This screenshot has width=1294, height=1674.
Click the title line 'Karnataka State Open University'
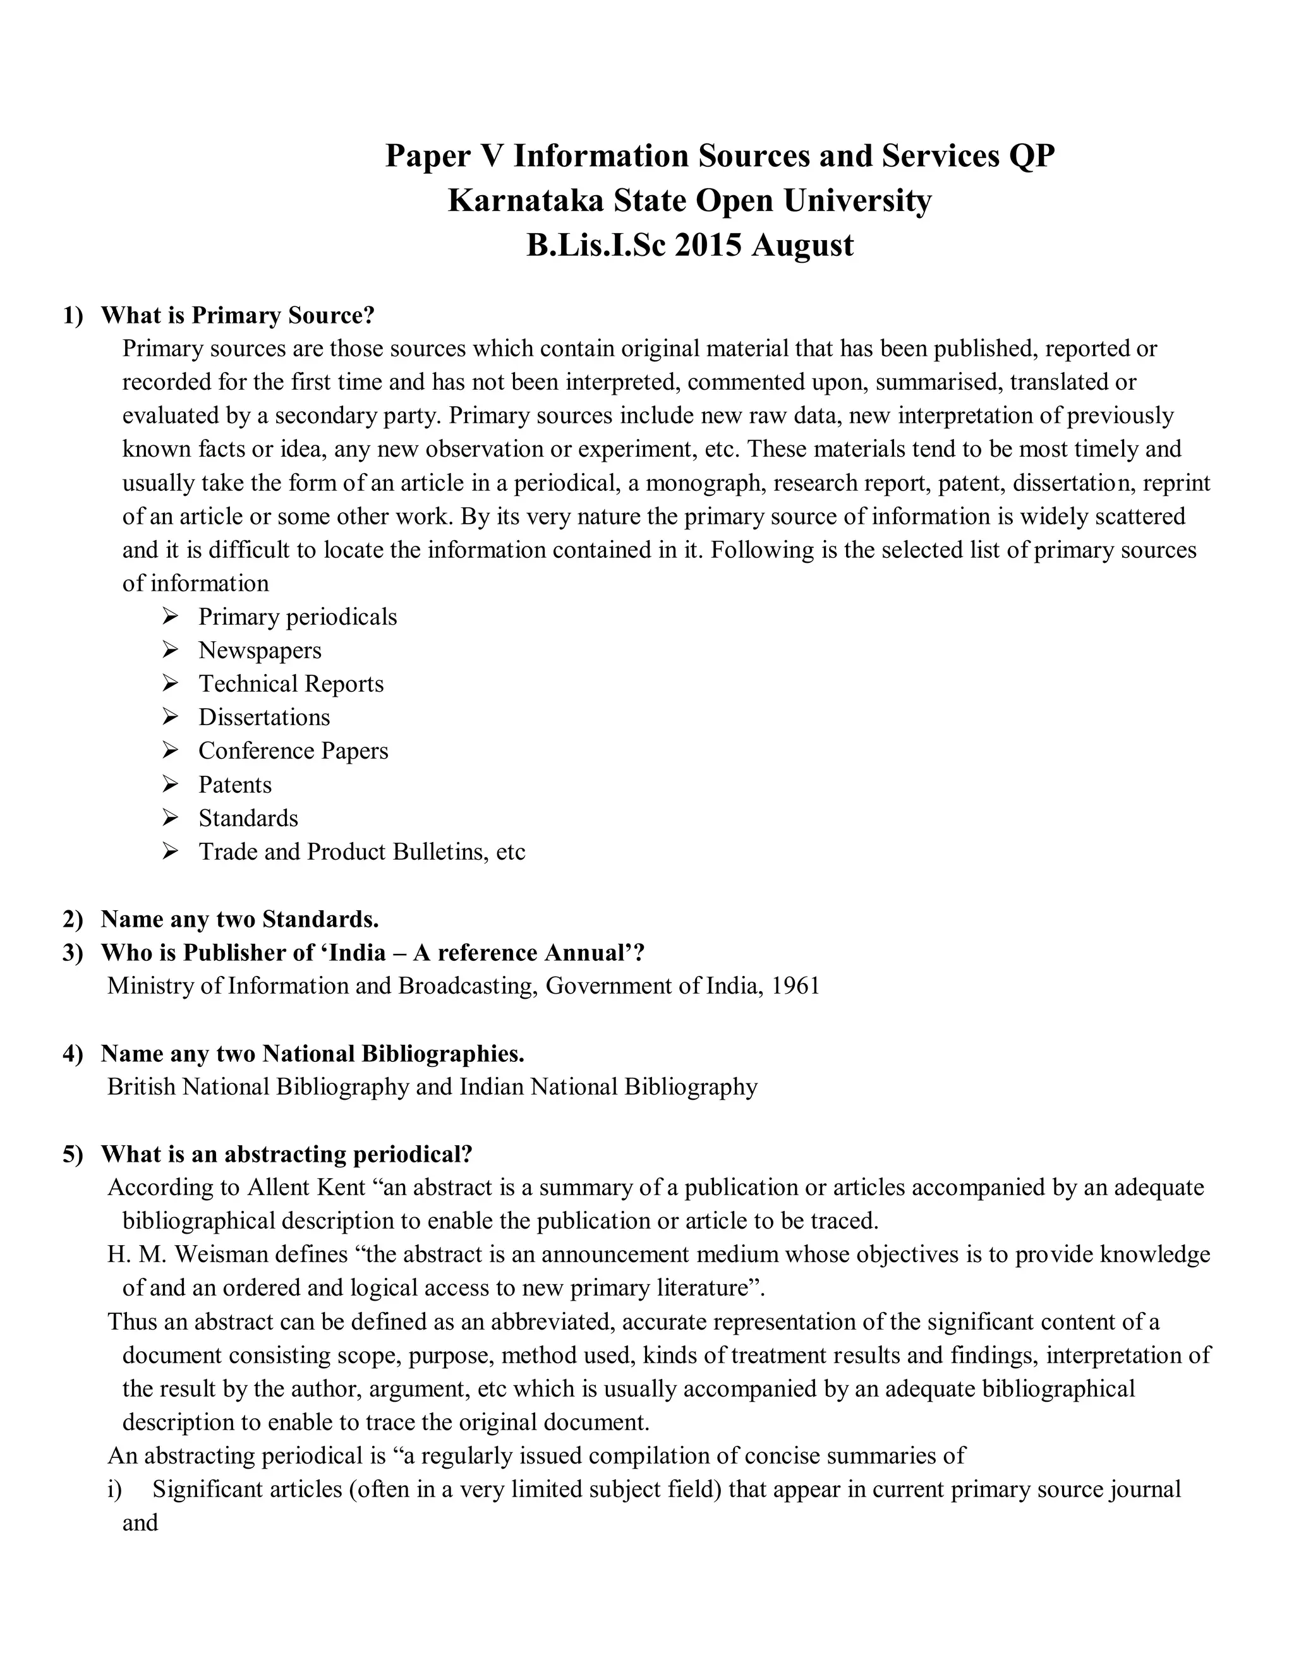tap(689, 201)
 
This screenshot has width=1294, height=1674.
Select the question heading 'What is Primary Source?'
tap(238, 315)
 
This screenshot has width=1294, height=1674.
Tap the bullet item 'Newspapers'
tap(260, 650)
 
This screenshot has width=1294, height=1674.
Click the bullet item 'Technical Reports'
tap(291, 683)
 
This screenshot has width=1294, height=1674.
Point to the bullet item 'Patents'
tap(234, 785)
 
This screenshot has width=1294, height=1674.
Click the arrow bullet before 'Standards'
tap(170, 818)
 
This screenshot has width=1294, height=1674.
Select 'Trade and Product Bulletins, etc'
tap(362, 852)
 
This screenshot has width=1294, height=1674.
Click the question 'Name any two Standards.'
tap(240, 918)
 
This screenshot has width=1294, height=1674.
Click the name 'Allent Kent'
tap(306, 1188)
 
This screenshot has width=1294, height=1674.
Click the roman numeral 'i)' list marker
tap(115, 1490)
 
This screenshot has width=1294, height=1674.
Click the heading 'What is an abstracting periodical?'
tap(287, 1153)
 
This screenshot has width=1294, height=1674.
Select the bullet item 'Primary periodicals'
tap(298, 617)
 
